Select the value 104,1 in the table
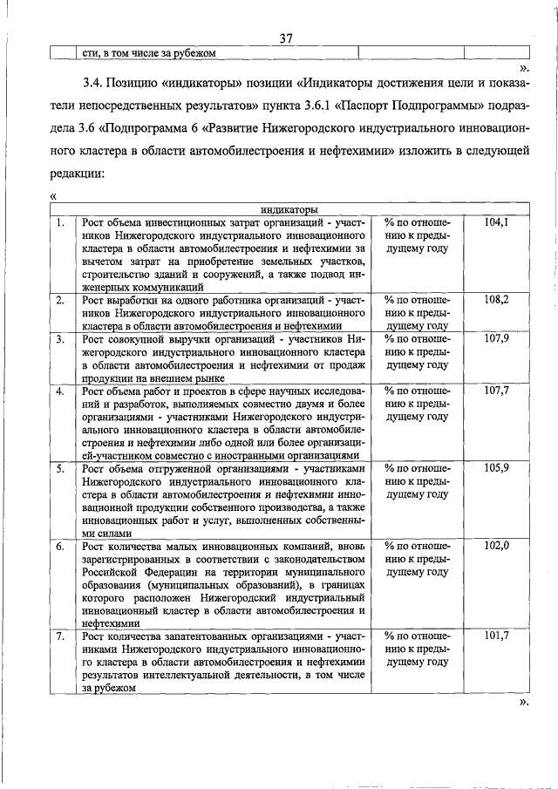pos(496,223)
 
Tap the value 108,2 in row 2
pos(496,299)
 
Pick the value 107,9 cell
pos(496,338)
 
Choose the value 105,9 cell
pos(496,468)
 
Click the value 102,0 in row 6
pos(496,546)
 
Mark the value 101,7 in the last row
pos(496,636)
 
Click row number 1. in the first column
pos(60,223)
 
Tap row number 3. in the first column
pos(60,338)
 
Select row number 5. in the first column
pos(60,468)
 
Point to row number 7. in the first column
pos(60,636)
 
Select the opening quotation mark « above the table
pos(54,197)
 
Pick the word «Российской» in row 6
pos(112,572)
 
